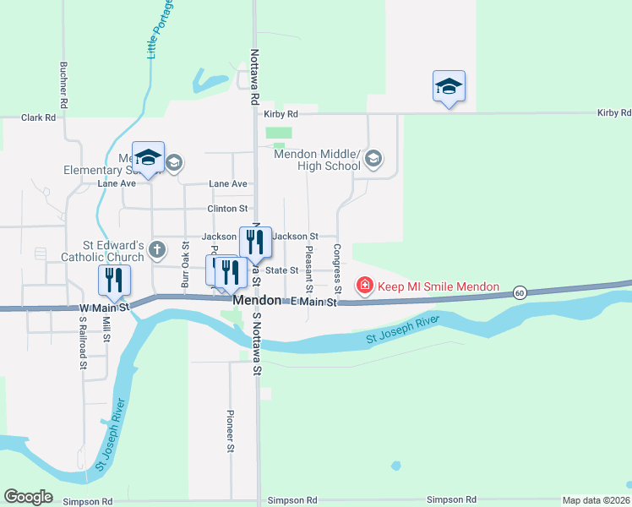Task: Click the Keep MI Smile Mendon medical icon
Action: [x=365, y=286]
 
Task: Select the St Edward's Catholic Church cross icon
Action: [x=157, y=249]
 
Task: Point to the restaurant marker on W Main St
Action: [x=114, y=281]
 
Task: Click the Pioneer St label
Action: [x=230, y=431]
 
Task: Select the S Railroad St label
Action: [x=84, y=346]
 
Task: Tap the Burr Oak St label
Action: [x=185, y=264]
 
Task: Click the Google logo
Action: [x=28, y=497]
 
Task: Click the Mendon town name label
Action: [x=256, y=301]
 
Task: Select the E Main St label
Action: [x=313, y=302]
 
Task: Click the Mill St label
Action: [x=106, y=325]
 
